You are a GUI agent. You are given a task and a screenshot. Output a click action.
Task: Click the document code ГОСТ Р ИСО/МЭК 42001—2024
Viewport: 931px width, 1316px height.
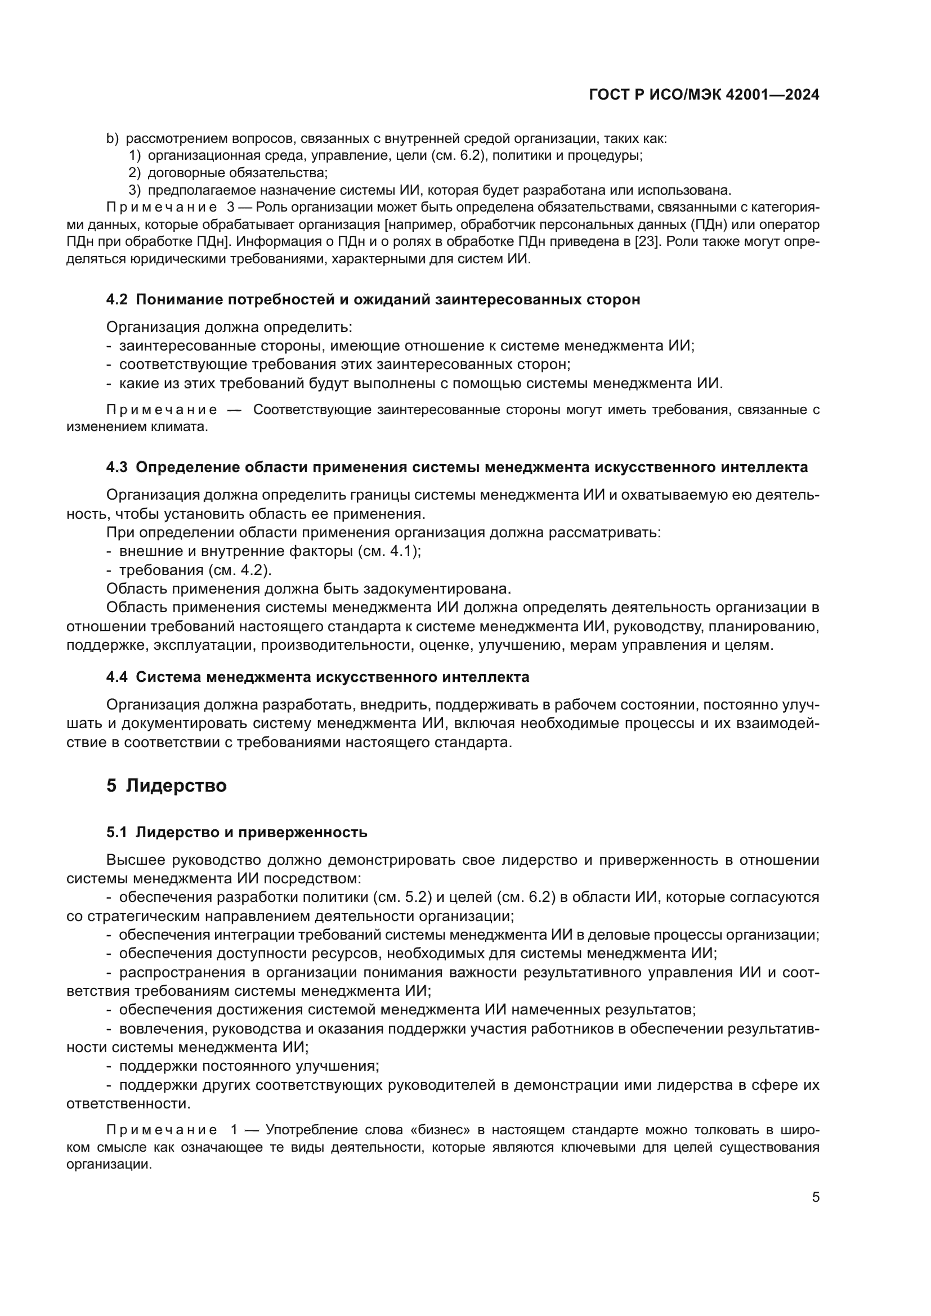click(x=704, y=95)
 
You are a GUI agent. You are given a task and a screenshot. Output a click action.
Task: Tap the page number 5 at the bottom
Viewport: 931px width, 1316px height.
click(x=816, y=1197)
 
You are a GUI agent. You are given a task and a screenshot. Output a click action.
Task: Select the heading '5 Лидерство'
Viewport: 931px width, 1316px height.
click(x=166, y=785)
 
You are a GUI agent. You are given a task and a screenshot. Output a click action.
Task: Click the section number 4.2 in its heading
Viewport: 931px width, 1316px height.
click(x=117, y=300)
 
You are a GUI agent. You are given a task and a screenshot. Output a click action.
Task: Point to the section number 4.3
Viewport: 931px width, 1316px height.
click(x=117, y=467)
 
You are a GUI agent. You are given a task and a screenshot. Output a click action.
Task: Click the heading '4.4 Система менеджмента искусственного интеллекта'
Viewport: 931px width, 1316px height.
click(x=317, y=677)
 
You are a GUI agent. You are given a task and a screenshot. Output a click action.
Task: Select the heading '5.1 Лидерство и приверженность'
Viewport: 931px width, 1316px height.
click(x=236, y=832)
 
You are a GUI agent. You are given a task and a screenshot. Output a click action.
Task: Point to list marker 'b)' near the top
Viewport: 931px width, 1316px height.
click(x=113, y=139)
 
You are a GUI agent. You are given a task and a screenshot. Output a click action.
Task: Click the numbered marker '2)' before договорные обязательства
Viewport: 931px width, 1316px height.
click(x=135, y=173)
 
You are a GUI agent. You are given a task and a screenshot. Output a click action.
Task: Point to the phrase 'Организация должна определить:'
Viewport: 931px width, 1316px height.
click(x=229, y=327)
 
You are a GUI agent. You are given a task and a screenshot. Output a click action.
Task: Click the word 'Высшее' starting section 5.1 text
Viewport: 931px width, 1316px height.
click(x=135, y=860)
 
